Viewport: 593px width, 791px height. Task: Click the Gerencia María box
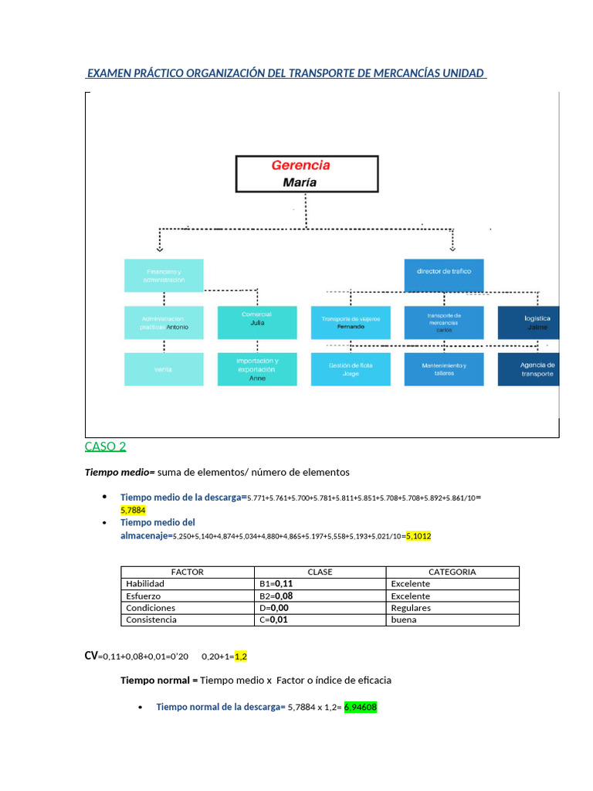307,173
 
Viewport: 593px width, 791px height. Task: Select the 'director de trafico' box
444,271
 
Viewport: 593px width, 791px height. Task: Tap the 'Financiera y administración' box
164,275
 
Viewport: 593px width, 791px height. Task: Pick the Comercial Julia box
257,322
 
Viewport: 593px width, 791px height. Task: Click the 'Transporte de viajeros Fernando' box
349,322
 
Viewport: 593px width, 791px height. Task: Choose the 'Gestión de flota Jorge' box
350,368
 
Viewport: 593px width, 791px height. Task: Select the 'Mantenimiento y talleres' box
444,368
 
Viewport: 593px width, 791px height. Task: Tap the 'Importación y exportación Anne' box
257,368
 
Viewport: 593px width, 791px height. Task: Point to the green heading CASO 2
105,446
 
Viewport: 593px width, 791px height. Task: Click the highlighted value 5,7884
133,510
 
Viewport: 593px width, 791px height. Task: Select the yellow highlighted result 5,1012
418,535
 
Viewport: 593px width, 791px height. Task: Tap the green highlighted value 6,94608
361,707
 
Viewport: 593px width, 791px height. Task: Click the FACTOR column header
188,572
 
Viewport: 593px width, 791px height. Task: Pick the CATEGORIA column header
452,572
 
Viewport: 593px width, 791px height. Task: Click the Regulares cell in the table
411,608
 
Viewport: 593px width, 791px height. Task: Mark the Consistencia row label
151,620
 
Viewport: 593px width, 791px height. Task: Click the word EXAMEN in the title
109,73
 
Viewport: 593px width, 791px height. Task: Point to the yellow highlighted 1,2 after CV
240,656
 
